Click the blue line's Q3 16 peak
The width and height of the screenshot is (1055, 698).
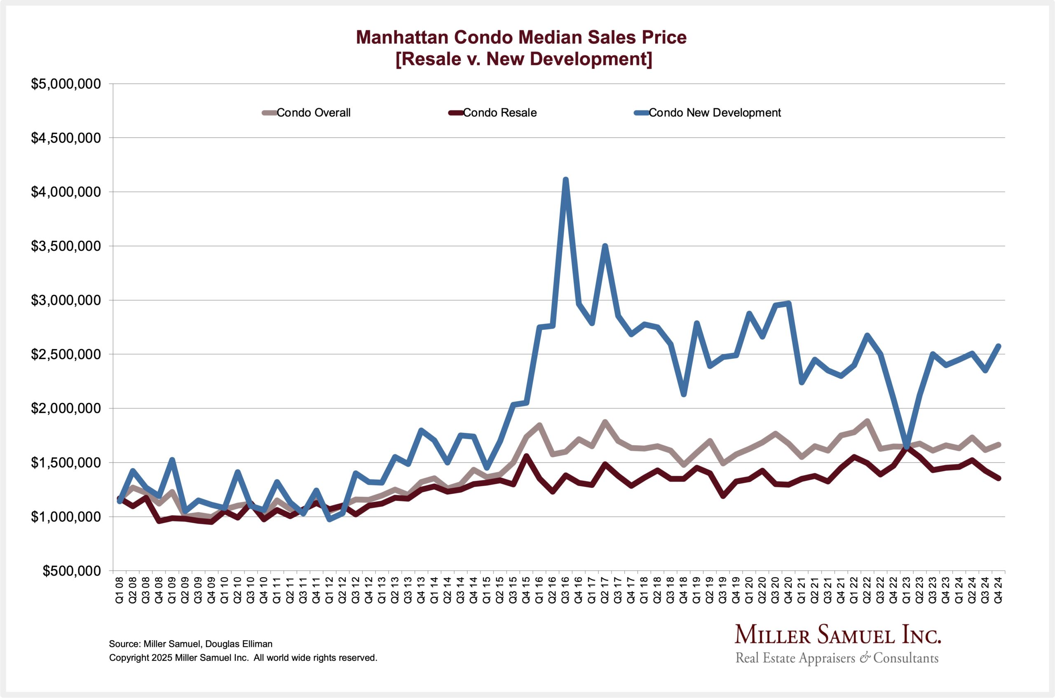coord(565,180)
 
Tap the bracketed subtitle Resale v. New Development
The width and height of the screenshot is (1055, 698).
coord(524,59)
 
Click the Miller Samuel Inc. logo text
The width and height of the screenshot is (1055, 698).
coord(837,635)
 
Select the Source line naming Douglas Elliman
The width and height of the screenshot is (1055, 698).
coord(190,644)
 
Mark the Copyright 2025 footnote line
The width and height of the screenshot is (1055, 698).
coord(243,658)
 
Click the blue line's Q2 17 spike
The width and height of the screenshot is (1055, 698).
coord(605,246)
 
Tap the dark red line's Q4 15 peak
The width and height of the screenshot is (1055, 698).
coord(526,456)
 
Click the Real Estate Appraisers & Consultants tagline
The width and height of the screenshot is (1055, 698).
coord(837,658)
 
